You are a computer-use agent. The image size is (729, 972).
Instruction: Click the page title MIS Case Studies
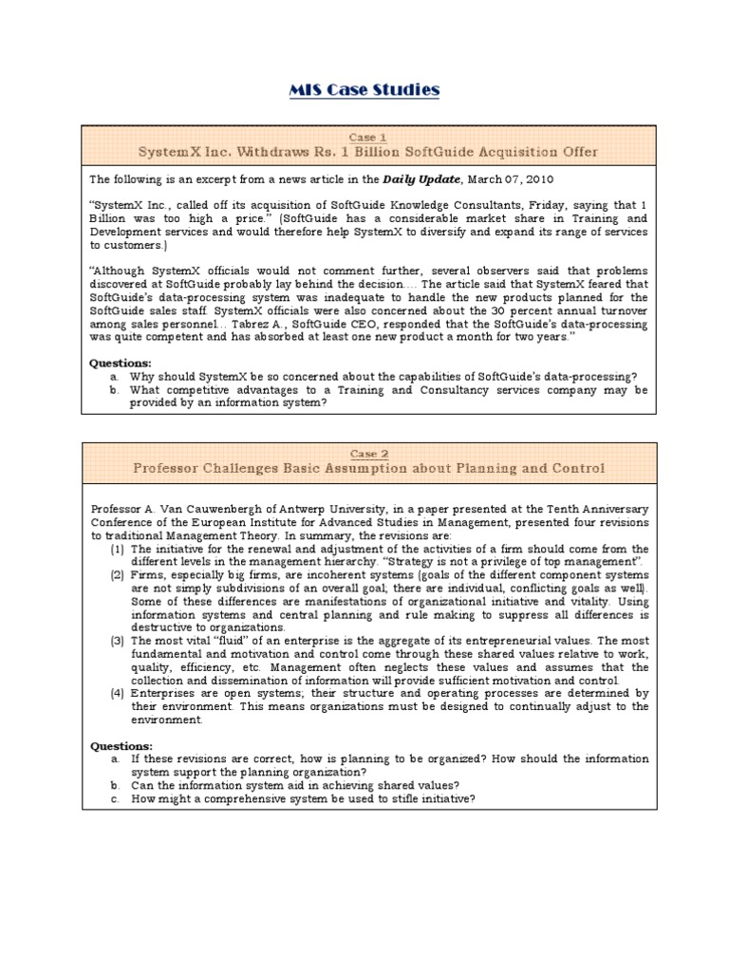click(x=364, y=90)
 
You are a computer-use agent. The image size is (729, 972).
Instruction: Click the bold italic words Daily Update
click(x=415, y=178)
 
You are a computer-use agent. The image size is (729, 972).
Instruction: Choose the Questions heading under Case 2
click(x=120, y=746)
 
